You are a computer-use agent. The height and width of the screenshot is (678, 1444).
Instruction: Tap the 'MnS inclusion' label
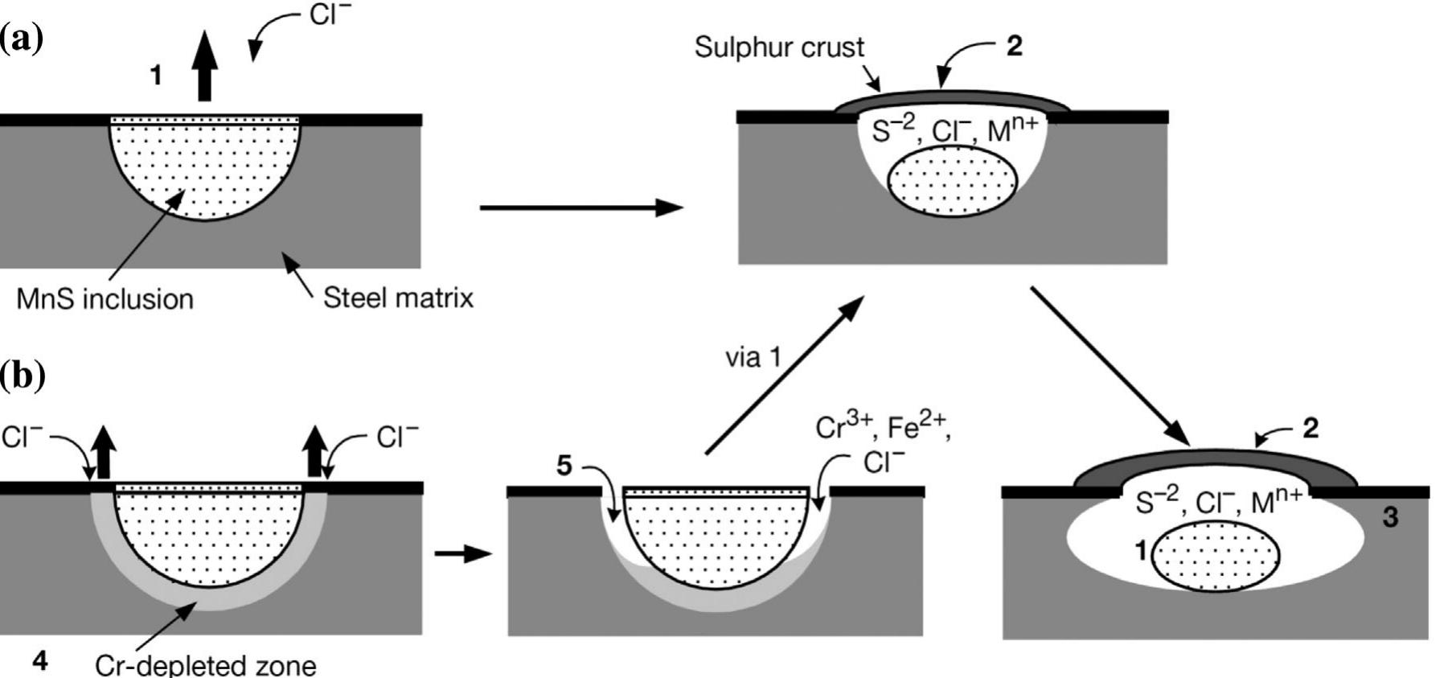(x=105, y=299)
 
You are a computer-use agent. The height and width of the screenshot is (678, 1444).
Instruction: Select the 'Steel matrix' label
(x=398, y=298)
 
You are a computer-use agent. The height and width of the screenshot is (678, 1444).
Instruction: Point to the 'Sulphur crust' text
(x=779, y=47)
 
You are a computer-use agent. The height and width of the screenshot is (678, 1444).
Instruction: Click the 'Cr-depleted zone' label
(x=205, y=665)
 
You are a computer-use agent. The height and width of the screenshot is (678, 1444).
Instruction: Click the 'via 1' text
(x=753, y=356)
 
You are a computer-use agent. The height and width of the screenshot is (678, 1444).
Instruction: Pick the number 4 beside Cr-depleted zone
(x=39, y=661)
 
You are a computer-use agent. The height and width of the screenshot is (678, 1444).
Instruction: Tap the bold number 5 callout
(x=564, y=466)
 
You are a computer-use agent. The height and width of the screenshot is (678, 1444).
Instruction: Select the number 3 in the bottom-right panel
(x=1390, y=517)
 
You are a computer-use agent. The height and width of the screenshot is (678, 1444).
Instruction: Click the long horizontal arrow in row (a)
(x=580, y=208)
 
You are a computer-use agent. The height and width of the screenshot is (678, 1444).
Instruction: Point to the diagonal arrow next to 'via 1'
(x=784, y=375)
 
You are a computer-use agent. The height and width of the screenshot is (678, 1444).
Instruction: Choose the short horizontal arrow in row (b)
(x=462, y=554)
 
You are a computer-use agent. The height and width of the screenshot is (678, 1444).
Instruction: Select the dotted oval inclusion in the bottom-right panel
(x=1216, y=555)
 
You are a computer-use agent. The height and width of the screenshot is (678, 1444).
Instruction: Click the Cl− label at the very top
(x=330, y=14)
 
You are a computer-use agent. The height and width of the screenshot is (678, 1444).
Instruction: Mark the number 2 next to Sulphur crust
(x=1015, y=47)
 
